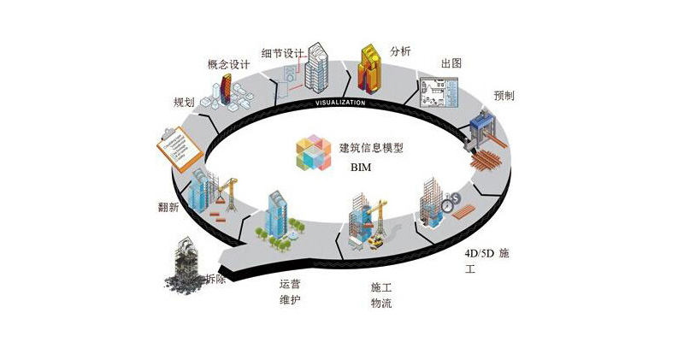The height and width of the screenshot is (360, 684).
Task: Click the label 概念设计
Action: [229, 64]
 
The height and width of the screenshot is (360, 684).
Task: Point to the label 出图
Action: [451, 65]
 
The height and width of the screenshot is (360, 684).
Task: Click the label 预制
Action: [504, 95]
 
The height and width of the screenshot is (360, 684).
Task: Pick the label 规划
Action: [184, 102]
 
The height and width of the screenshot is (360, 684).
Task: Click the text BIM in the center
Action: [363, 168]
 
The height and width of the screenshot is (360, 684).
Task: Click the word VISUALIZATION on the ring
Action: [340, 103]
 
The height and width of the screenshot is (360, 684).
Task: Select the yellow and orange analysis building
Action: [372, 68]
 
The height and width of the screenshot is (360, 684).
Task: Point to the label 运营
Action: [290, 284]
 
